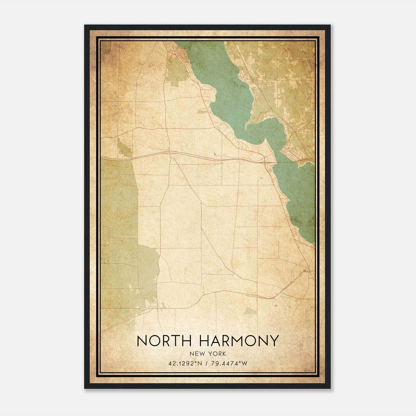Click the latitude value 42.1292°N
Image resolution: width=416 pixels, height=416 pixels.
coord(185,363)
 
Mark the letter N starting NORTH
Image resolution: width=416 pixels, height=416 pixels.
coord(142,341)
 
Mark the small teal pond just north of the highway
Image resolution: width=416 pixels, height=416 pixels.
coord(215,154)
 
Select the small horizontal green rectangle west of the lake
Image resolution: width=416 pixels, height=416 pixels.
coord(201,112)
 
